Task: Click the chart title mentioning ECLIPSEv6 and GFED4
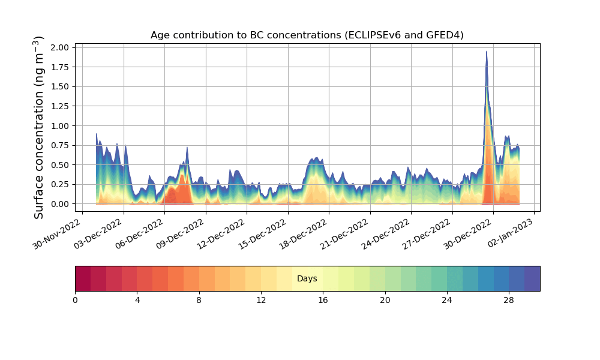[307, 35]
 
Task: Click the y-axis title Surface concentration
[39, 127]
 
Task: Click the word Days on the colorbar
[307, 279]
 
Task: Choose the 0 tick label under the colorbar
[75, 300]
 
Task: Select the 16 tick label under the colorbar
[323, 300]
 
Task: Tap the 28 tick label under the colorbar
[509, 300]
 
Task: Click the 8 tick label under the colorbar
[199, 300]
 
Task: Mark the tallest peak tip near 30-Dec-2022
[487, 52]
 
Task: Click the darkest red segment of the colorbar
[83, 278]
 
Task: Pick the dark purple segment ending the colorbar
[532, 278]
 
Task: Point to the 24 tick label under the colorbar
[447, 300]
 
